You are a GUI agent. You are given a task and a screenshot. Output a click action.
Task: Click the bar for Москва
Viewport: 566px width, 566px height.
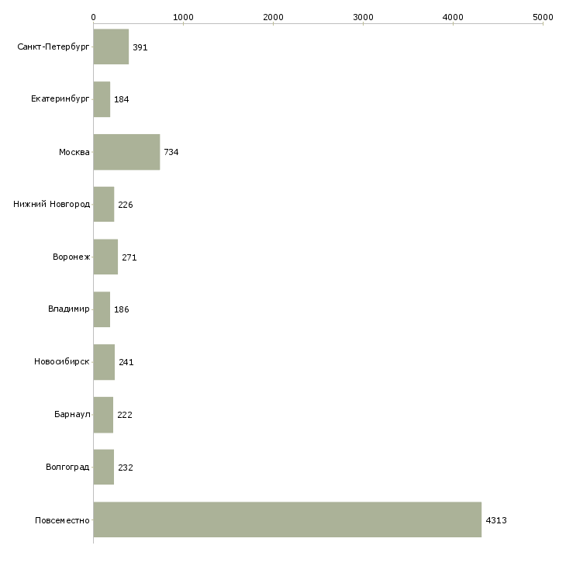[126, 152]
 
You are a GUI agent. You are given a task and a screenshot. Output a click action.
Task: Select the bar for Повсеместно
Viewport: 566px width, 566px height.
[288, 519]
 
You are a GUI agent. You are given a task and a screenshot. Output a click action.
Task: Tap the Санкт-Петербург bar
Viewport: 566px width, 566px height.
[111, 47]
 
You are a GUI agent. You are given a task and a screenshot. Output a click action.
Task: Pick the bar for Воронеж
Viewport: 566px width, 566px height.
[105, 257]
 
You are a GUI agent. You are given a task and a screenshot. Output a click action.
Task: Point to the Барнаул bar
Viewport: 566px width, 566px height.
[103, 415]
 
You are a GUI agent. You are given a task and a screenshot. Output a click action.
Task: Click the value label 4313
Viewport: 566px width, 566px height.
[496, 520]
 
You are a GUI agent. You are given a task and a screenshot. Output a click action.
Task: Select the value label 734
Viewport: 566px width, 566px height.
[171, 152]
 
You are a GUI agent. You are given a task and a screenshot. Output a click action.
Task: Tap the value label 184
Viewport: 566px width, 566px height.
[121, 99]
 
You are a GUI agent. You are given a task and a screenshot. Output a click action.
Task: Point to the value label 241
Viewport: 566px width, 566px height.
[126, 362]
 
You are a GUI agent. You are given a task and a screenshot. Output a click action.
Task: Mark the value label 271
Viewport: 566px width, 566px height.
[129, 257]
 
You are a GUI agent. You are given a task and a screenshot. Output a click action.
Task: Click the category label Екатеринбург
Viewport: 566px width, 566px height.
[60, 99]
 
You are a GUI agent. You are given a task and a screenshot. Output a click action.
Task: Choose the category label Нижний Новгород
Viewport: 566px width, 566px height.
[52, 205]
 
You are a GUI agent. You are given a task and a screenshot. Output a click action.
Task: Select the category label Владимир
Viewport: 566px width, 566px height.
[68, 309]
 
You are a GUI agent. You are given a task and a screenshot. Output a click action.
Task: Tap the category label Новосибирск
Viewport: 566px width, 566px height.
[62, 361]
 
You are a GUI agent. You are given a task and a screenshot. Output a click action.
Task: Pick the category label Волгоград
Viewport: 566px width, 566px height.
[67, 467]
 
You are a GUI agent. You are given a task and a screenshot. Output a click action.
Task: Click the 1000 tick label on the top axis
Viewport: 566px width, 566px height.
[183, 17]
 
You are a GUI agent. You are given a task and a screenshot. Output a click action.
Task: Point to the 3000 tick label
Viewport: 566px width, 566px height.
[363, 17]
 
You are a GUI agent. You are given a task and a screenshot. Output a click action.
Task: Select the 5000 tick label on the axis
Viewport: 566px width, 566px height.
[543, 17]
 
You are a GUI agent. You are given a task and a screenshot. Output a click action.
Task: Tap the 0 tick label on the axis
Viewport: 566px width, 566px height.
[94, 17]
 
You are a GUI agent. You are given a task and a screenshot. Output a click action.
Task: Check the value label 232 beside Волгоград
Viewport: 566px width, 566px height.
[126, 468]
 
